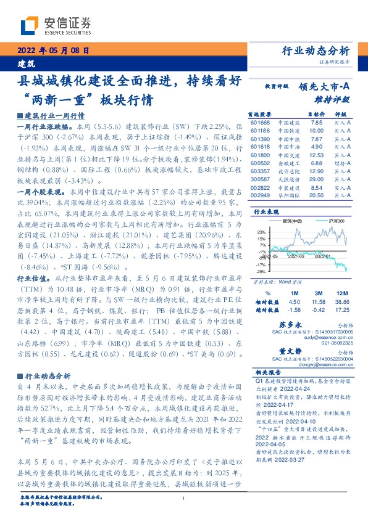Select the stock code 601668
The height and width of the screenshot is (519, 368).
[260, 123]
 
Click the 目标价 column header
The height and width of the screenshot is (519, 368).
[316, 115]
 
